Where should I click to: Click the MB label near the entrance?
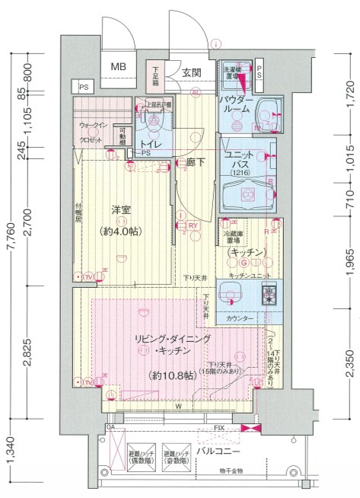(118, 66)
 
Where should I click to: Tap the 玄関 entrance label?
(191, 73)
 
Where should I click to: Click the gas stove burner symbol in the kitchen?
(269, 293)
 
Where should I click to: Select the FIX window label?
(218, 429)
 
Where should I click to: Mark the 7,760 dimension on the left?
(9, 241)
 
